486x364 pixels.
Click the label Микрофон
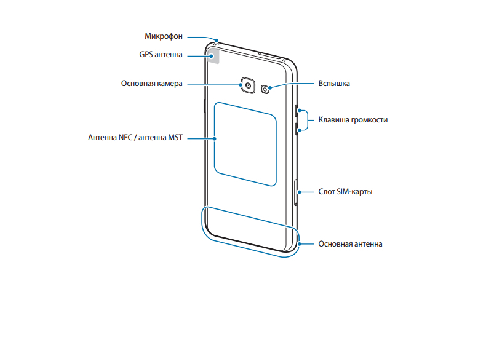(x=164, y=36)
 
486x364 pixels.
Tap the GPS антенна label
(x=161, y=55)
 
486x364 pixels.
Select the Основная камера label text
(x=152, y=83)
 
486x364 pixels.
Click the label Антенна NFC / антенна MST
(x=136, y=138)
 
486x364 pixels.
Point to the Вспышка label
(x=334, y=83)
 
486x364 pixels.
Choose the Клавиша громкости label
(x=353, y=120)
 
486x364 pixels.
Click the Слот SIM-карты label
(x=345, y=191)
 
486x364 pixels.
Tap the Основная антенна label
(x=350, y=243)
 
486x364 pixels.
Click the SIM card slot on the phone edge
(x=297, y=192)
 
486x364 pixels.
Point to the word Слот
(x=326, y=191)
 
